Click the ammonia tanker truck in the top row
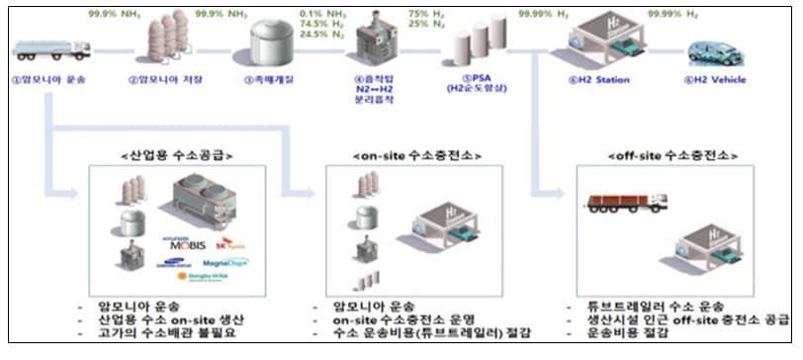coord(52,46)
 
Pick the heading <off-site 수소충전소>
coord(662,155)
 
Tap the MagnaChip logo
coord(226,263)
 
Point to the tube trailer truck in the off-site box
coord(626,203)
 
